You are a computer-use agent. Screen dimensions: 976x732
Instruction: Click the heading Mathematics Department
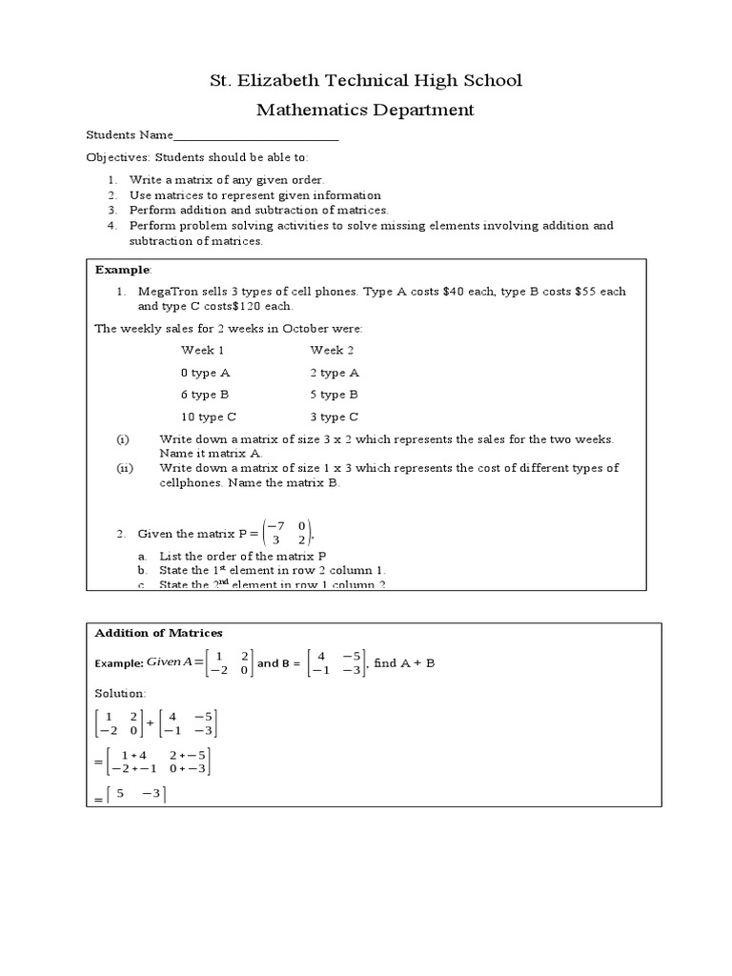click(365, 110)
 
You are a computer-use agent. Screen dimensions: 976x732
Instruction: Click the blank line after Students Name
click(256, 136)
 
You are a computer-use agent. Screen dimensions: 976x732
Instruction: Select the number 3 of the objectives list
click(112, 210)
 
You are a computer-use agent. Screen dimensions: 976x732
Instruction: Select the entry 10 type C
click(209, 417)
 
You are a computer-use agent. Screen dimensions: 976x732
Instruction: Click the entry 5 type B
click(334, 395)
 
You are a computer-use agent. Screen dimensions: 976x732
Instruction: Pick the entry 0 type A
click(205, 373)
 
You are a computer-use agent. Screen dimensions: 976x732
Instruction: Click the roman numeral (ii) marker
click(124, 468)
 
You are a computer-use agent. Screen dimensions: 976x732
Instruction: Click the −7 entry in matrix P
click(276, 525)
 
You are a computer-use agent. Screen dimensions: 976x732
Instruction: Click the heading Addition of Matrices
click(158, 633)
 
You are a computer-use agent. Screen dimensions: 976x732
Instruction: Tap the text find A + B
click(404, 663)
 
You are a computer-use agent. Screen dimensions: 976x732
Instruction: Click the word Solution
click(120, 693)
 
